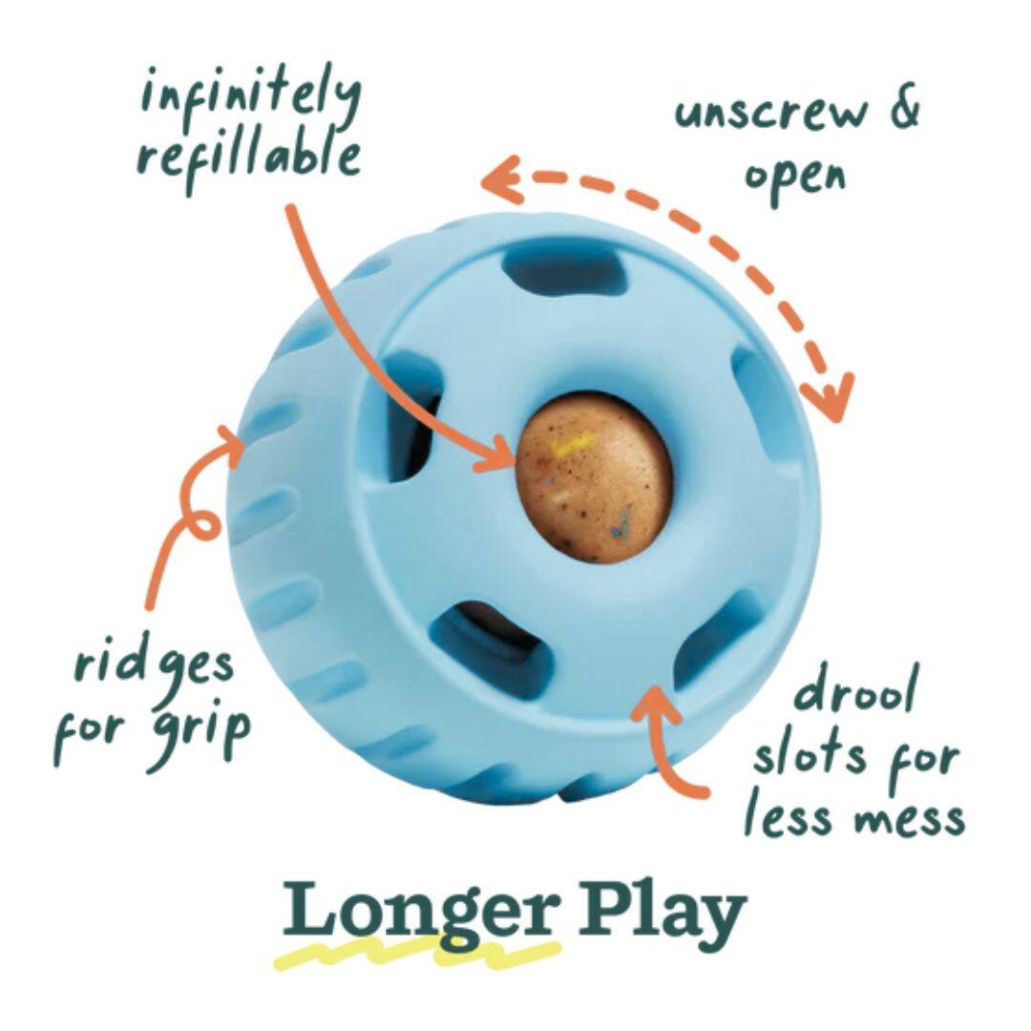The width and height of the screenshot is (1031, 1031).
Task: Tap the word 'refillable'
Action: point(249,158)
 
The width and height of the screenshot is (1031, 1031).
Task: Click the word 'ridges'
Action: point(154,665)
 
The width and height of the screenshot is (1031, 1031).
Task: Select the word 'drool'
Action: point(854,688)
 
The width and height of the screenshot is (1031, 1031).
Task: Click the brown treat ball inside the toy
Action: point(595,478)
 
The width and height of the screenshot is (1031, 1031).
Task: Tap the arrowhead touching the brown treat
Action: point(497,453)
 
